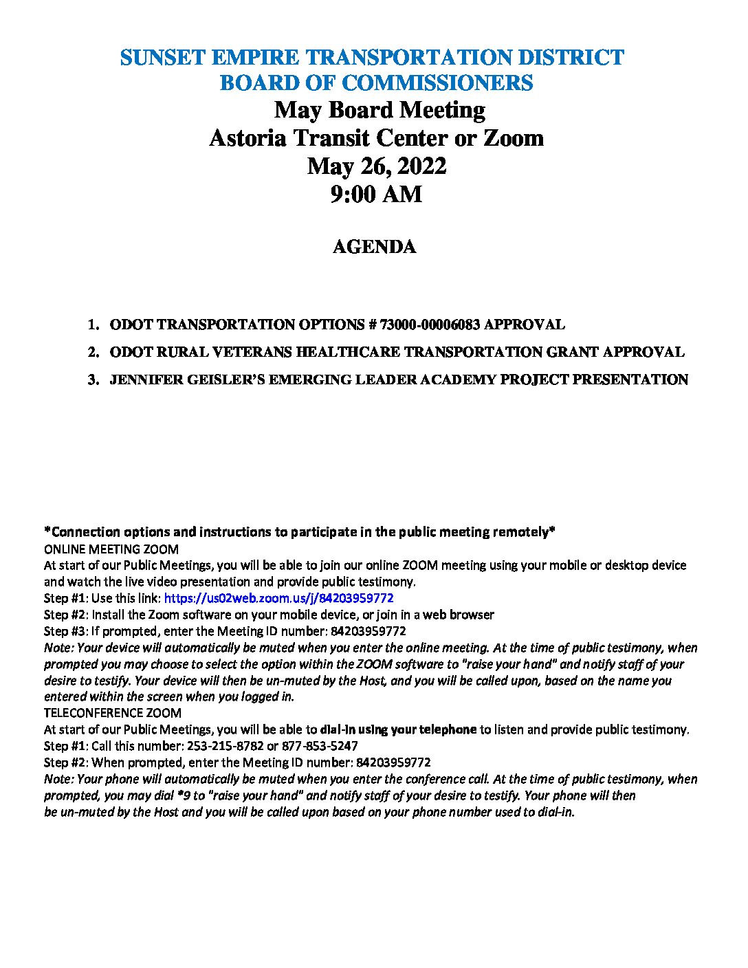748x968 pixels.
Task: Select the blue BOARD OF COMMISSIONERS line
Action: pos(376,83)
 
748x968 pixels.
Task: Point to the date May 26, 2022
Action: pos(376,166)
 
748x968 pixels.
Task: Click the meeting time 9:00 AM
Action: pos(376,195)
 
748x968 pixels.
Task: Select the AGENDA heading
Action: pos(374,247)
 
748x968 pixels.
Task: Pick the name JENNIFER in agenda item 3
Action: pos(146,379)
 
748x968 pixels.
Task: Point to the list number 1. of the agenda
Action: pos(93,324)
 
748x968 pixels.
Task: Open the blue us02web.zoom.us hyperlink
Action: pos(278,598)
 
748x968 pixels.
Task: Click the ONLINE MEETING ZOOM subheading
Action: pos(111,549)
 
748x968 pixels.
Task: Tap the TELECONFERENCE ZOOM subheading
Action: pos(113,713)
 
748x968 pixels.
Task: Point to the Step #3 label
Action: pos(65,631)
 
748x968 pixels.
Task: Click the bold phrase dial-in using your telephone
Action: pos(398,729)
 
